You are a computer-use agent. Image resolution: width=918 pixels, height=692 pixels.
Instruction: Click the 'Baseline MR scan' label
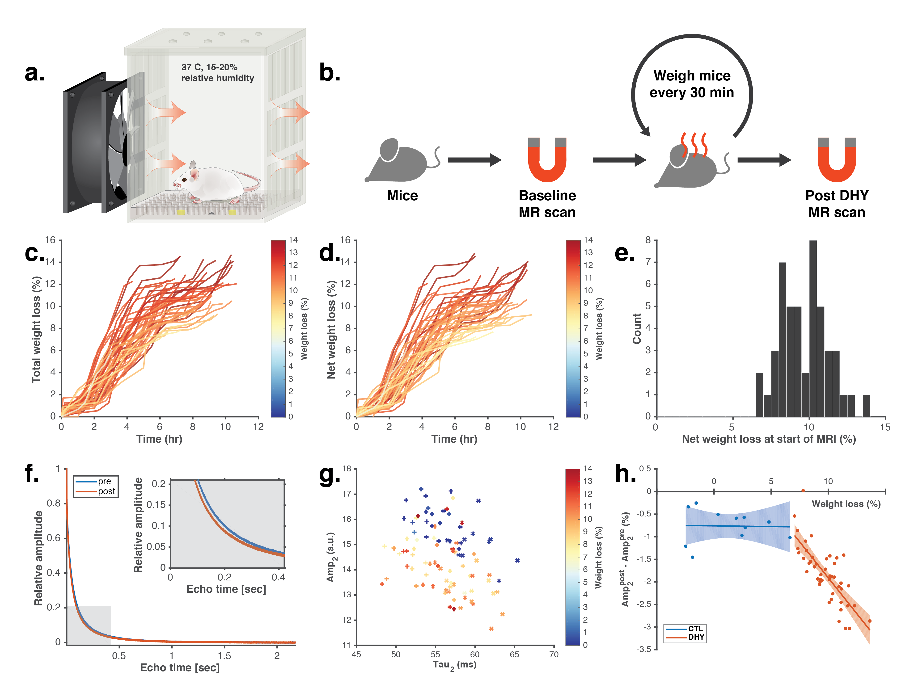(547, 204)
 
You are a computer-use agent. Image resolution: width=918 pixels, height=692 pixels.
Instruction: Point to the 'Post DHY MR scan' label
(836, 204)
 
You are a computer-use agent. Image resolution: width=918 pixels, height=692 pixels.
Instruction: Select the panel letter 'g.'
(329, 474)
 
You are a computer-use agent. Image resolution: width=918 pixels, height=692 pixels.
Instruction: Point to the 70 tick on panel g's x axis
(554, 654)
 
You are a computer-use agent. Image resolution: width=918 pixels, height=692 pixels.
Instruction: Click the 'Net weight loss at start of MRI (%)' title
(769, 439)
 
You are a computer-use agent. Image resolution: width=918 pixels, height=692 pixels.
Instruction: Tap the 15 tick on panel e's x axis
(885, 427)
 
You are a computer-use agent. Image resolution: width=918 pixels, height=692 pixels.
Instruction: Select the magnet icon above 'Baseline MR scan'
(547, 160)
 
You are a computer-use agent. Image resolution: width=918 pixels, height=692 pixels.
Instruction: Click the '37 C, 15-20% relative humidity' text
(217, 73)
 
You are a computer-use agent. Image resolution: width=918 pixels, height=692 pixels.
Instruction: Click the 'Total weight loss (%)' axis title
(37, 330)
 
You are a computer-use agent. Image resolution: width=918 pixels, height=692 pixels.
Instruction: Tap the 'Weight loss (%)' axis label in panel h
(846, 504)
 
